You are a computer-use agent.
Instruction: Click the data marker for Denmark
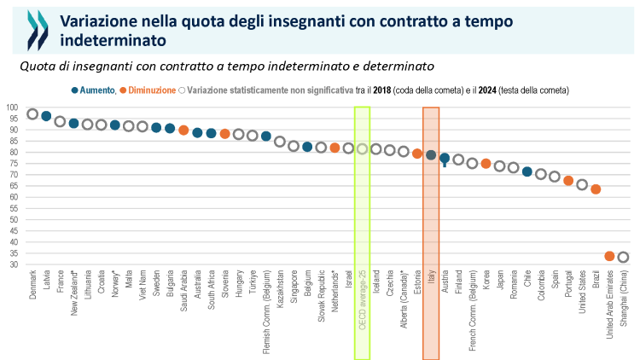tap(32, 114)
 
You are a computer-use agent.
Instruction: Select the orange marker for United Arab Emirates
tap(609, 256)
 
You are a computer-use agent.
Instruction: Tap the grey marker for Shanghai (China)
tap(623, 258)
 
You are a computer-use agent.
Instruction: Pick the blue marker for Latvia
tap(46, 116)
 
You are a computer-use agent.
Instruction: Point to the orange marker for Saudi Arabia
tap(183, 131)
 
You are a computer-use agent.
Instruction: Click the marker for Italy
tap(431, 155)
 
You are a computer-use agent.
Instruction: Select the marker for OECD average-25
tap(362, 149)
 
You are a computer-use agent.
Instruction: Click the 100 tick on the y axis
tap(13, 107)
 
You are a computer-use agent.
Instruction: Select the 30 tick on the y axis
tap(15, 264)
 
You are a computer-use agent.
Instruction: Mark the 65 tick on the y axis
tap(15, 186)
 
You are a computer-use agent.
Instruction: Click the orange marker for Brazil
tap(596, 189)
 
